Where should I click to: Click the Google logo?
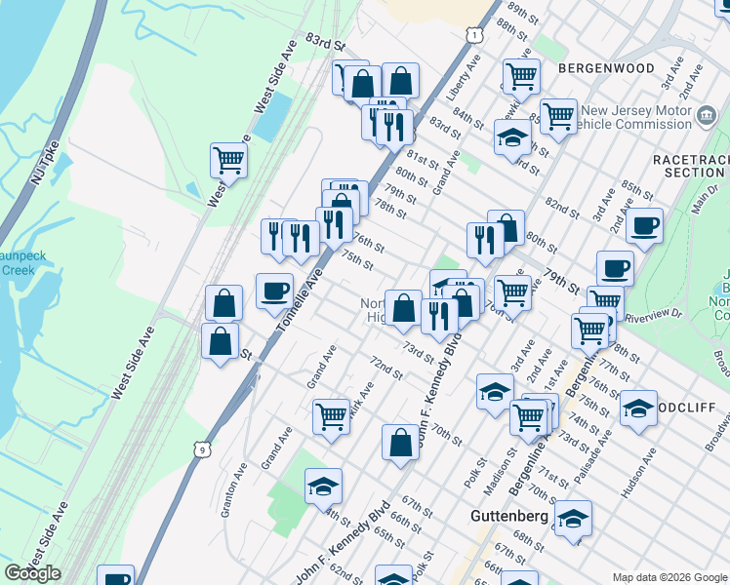[x=32, y=573]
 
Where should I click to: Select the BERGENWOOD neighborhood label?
[x=606, y=68]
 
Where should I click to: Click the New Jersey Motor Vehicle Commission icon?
[x=705, y=117]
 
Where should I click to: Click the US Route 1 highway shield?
[x=472, y=35]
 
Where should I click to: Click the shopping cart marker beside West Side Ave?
[x=228, y=159]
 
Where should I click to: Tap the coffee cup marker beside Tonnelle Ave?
[x=274, y=289]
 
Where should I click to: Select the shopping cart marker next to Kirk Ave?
[x=331, y=416]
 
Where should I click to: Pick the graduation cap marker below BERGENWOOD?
[x=511, y=137]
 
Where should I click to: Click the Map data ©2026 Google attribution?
[x=669, y=576]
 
